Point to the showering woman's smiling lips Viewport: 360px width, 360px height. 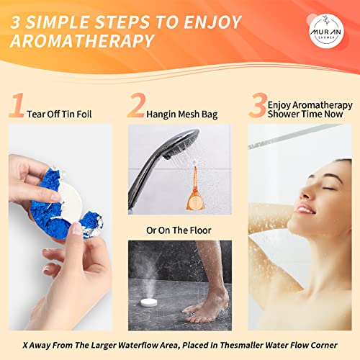(x=305, y=209)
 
